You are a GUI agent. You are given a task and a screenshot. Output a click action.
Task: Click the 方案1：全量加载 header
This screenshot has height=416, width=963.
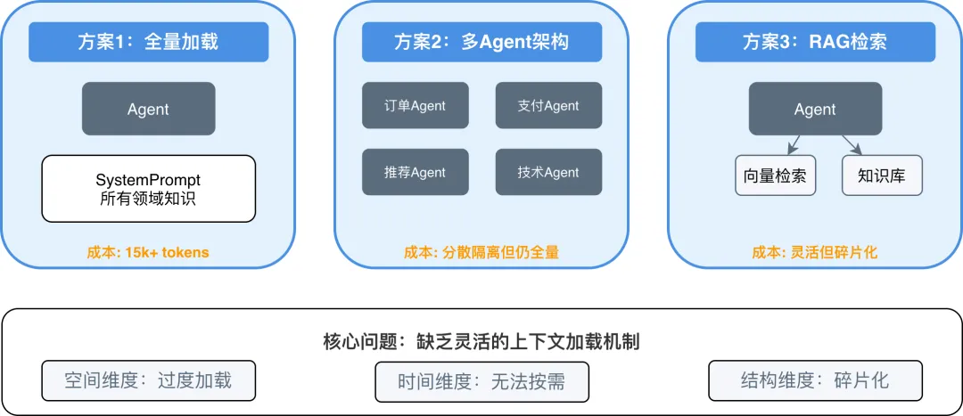148,42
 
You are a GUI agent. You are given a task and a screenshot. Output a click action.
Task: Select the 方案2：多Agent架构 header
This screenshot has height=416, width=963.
481,42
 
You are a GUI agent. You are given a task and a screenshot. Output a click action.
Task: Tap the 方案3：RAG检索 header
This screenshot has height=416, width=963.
815,42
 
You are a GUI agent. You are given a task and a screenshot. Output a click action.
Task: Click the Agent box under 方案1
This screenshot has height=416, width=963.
148,109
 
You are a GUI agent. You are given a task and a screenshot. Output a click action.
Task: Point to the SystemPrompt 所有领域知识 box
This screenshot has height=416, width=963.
148,189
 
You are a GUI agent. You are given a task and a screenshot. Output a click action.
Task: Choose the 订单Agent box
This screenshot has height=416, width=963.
415,105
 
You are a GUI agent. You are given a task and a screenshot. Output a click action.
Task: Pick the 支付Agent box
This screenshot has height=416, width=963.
548,105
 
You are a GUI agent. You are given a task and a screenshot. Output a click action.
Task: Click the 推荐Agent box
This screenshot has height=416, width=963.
415,172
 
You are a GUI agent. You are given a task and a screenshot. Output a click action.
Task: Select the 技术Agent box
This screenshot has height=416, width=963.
548,172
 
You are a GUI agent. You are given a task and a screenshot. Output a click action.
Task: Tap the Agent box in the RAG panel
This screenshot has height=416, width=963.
815,109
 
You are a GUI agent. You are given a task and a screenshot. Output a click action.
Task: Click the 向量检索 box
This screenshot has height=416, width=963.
775,175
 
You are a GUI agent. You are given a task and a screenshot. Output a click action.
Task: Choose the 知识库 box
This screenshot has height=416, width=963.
881,175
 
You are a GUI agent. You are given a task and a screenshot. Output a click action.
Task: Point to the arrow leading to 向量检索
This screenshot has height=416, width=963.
792,143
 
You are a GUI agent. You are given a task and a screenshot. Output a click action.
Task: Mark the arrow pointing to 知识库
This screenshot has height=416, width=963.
851,144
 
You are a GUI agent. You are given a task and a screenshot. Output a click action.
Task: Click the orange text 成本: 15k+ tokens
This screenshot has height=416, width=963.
148,252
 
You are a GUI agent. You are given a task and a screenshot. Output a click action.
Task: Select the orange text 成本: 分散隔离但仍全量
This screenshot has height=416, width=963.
481,252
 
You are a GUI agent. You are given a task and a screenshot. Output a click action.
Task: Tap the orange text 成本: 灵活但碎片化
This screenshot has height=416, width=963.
815,252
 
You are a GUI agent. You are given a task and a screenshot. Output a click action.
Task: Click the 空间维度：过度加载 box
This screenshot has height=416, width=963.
148,380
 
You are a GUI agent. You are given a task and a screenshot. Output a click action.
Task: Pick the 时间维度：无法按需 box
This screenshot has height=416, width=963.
481,381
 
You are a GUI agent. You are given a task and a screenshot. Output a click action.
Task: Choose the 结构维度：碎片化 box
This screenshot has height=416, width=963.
815,380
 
